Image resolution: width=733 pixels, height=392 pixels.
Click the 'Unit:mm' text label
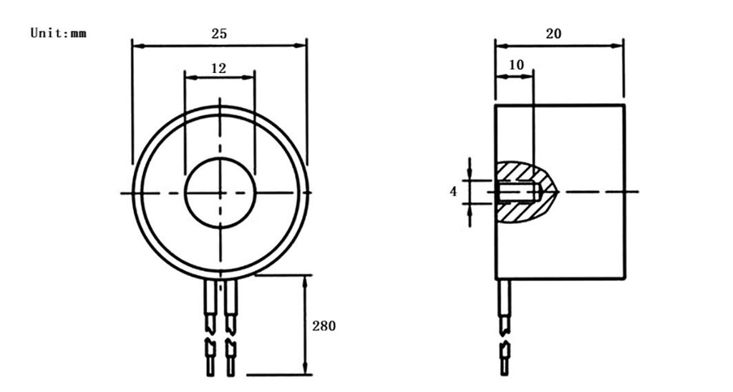tap(58, 33)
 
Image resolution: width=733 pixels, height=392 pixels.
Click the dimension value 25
tap(219, 34)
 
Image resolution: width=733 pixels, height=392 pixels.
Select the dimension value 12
tap(219, 69)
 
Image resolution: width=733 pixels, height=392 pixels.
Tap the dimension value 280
tap(324, 326)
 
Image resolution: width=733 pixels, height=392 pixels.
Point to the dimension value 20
tap(554, 34)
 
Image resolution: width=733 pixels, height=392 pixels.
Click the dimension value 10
tap(516, 64)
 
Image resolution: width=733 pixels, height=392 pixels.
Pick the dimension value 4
tap(452, 192)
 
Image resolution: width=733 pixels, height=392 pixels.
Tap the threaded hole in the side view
tap(515, 192)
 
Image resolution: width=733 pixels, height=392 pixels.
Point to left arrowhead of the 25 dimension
tap(137, 46)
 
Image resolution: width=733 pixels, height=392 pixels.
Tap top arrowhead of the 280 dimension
tap(306, 279)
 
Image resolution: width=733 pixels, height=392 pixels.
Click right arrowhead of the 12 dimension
tap(251, 75)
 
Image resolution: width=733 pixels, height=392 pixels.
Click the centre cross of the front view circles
tap(220, 193)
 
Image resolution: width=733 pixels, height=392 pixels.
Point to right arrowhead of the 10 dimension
tap(530, 75)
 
